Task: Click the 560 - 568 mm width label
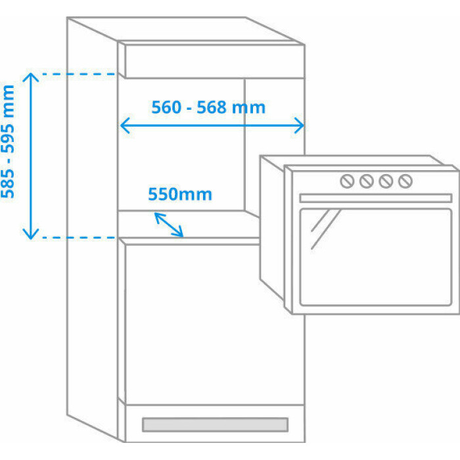tap(208, 106)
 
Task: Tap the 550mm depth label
tap(179, 194)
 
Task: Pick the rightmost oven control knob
tap(405, 181)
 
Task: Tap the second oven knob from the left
tap(367, 181)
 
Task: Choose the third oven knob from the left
tap(386, 181)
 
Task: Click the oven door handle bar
tap(375, 198)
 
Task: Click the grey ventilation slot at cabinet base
tap(215, 425)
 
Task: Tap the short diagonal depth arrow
tap(169, 225)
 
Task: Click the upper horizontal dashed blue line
tap(76, 74)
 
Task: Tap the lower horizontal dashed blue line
tap(76, 237)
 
